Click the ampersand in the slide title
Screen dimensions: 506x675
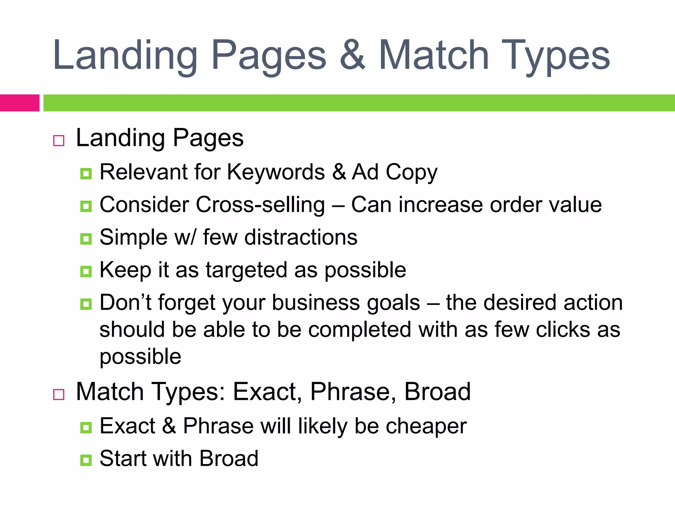pos(352,55)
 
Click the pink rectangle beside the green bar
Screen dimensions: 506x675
pos(19,103)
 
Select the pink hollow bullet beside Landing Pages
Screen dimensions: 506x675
pos(59,141)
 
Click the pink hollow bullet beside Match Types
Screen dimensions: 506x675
pos(59,394)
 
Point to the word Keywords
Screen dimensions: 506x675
pos(276,172)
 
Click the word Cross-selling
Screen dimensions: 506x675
pos(260,205)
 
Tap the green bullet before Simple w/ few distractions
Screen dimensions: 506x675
pos(86,239)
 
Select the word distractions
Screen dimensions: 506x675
pos(301,237)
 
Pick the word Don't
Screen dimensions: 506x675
pos(125,302)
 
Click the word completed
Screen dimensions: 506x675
pos(360,330)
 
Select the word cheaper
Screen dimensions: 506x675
pos(426,426)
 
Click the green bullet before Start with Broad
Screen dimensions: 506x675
pos(86,460)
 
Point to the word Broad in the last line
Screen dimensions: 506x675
pos(229,459)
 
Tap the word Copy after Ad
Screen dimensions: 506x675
pos(411,172)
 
